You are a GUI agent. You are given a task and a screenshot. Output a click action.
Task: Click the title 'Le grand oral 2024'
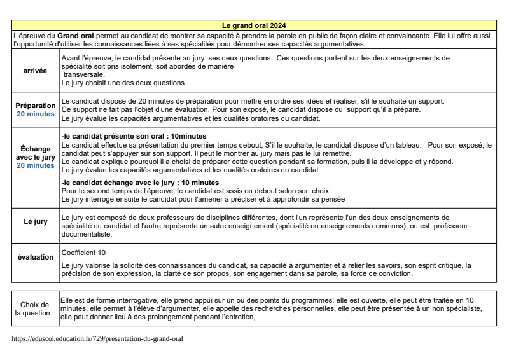pyautogui.click(x=254, y=25)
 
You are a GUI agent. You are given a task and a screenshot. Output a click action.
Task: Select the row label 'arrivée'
pyautogui.click(x=35, y=71)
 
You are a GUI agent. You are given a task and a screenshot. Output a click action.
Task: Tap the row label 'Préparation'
pyautogui.click(x=36, y=106)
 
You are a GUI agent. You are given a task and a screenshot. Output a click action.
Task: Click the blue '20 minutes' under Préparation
pyautogui.click(x=36, y=114)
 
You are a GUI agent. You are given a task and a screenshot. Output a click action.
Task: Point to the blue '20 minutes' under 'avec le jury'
pyautogui.click(x=36, y=165)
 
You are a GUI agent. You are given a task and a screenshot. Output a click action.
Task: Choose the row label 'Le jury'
pyautogui.click(x=36, y=221)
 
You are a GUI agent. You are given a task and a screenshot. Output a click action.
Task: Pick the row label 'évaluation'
pyautogui.click(x=36, y=257)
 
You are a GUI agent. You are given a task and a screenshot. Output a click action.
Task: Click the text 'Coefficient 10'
pyautogui.click(x=84, y=253)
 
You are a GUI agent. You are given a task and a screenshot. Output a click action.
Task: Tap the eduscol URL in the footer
pyautogui.click(x=97, y=339)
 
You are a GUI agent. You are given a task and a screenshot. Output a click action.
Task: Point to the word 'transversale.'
pyautogui.click(x=85, y=74)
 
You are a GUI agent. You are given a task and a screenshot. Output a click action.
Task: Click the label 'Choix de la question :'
pyautogui.click(x=35, y=308)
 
